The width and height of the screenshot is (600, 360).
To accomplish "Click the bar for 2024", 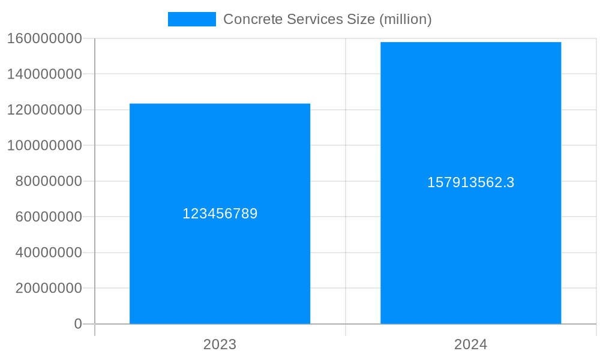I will pyautogui.click(x=470, y=252).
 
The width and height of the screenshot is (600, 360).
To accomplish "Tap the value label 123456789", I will pyautogui.click(x=220, y=214).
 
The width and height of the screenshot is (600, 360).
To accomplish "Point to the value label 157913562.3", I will pyautogui.click(x=470, y=182).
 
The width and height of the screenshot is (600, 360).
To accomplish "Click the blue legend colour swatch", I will pyautogui.click(x=191, y=19).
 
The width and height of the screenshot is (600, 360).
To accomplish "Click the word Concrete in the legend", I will pyautogui.click(x=247, y=19).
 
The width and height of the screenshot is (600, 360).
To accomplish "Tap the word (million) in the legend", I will pyautogui.click(x=405, y=19).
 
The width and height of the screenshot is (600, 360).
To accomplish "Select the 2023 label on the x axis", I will pyautogui.click(x=220, y=344).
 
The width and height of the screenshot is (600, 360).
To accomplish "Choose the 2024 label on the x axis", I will pyautogui.click(x=470, y=344).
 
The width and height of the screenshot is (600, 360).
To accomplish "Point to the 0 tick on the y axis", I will pyautogui.click(x=78, y=324).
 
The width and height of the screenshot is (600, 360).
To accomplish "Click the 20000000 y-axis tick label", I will pyautogui.click(x=48, y=288).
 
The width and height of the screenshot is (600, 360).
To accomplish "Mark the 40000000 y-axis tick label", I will pyautogui.click(x=48, y=253).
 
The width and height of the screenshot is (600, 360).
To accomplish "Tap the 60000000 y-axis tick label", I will pyautogui.click(x=48, y=217).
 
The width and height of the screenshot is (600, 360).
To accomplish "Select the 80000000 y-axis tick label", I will pyautogui.click(x=48, y=181).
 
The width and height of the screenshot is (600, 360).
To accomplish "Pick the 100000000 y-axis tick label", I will pyautogui.click(x=44, y=145).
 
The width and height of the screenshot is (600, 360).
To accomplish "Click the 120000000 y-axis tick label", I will pyautogui.click(x=44, y=110).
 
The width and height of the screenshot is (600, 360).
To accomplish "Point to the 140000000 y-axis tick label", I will pyautogui.click(x=44, y=74).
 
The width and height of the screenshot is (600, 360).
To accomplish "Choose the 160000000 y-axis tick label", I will pyautogui.click(x=44, y=38).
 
